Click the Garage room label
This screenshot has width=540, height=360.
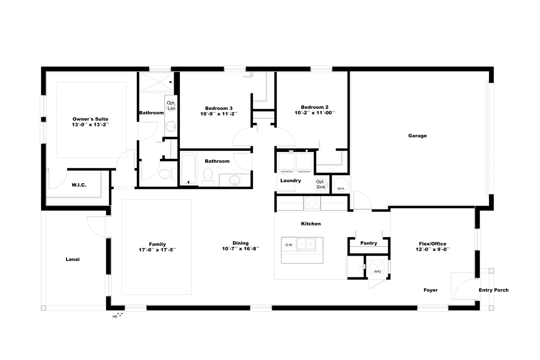(x=417, y=136)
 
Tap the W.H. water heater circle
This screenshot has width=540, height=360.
(x=341, y=184)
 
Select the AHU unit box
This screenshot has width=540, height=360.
(x=377, y=267)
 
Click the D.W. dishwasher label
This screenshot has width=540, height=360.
(x=289, y=245)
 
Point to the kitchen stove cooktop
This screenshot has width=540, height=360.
(x=312, y=203)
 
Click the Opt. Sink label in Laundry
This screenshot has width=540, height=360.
(x=320, y=184)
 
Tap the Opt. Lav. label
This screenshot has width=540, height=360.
(x=171, y=106)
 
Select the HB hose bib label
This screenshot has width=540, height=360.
(x=115, y=317)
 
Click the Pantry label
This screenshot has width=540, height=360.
(x=369, y=243)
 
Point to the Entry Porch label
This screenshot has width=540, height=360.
(x=494, y=290)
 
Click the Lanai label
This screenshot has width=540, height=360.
(x=72, y=260)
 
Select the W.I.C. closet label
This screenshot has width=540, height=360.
(x=79, y=185)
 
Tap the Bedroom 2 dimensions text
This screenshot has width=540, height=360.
(x=315, y=112)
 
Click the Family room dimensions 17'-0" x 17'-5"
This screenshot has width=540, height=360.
(x=157, y=250)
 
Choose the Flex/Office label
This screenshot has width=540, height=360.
(x=432, y=244)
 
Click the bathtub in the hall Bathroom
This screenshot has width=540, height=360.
(x=189, y=169)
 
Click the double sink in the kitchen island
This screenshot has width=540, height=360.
(x=306, y=244)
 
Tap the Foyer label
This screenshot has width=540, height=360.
(x=431, y=290)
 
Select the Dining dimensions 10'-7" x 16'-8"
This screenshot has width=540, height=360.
(x=240, y=248)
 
